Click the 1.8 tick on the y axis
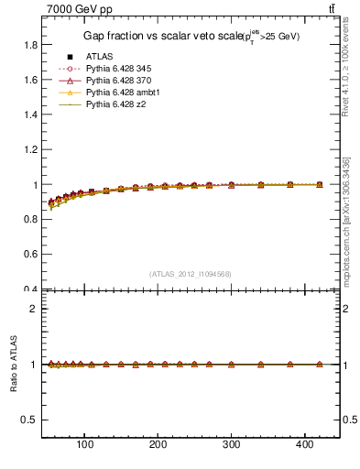click(x=29, y=45)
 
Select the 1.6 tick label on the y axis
click(x=29, y=80)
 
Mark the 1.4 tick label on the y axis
click(x=29, y=115)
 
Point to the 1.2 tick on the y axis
click(x=29, y=150)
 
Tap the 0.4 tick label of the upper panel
click(x=29, y=290)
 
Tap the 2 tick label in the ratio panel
click(x=33, y=309)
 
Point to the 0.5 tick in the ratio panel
click(x=29, y=420)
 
